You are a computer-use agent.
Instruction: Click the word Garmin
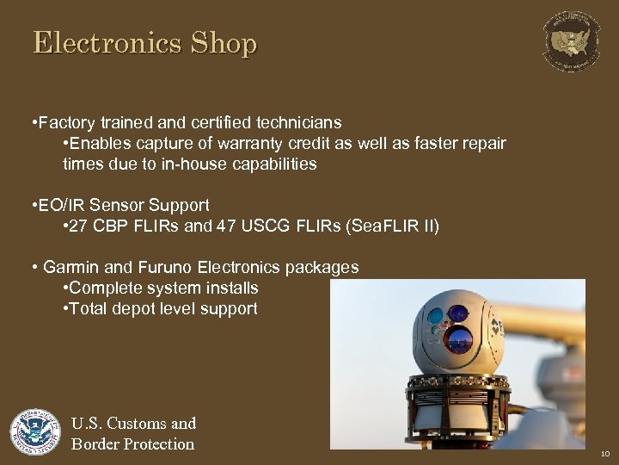66,268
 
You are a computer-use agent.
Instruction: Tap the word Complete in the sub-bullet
102,288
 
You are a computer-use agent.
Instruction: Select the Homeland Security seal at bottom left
35,433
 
